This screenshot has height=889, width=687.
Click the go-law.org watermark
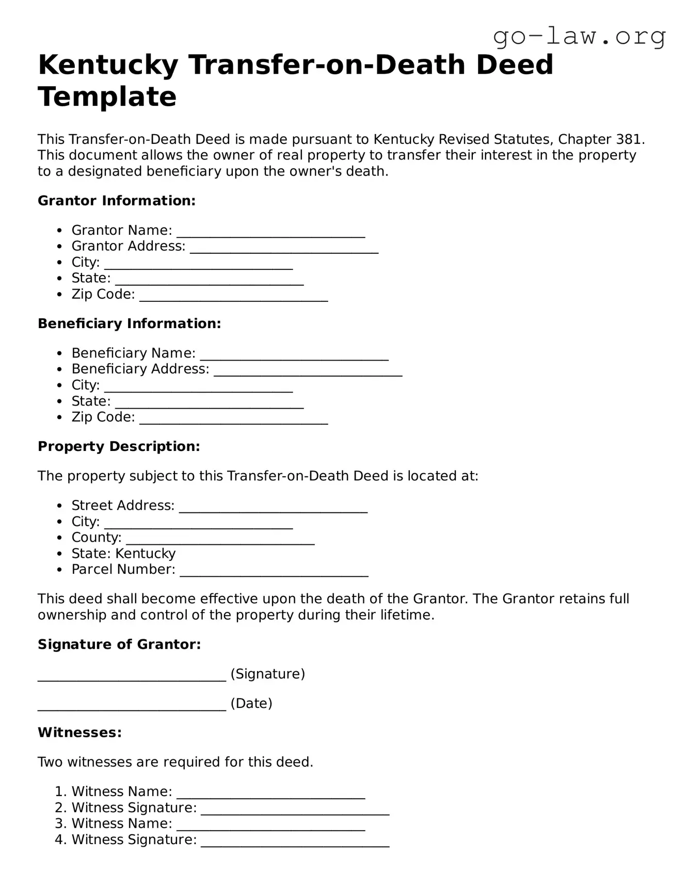(579, 36)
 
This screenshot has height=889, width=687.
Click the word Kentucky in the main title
(108, 65)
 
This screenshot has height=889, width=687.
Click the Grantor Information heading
(117, 201)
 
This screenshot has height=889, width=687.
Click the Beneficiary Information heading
(129, 324)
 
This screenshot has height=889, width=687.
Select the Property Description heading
(119, 446)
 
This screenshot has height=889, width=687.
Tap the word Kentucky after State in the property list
(146, 554)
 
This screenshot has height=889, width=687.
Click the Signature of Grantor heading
(119, 644)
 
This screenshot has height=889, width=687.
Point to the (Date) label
(251, 703)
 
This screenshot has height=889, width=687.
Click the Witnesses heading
(79, 733)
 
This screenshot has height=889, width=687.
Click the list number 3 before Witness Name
(60, 823)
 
